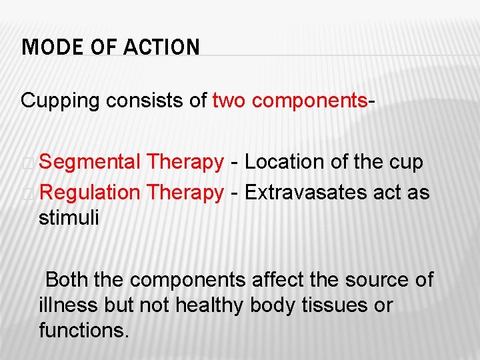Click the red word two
229,101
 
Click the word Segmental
89,162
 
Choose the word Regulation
89,193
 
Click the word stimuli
69,218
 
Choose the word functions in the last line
83,330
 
